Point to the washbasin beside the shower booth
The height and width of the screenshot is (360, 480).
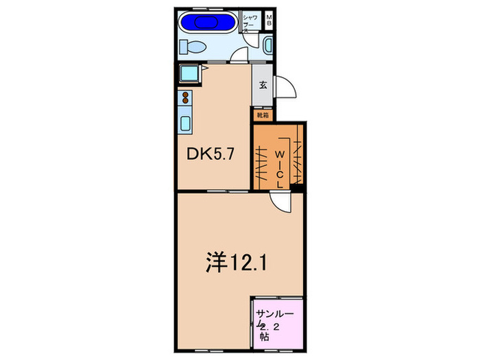pyautogui.click(x=267, y=47)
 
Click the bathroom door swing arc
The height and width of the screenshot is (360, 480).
pyautogui.click(x=240, y=54)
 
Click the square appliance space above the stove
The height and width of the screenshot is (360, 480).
pyautogui.click(x=189, y=73)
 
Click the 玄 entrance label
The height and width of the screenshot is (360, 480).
pyautogui.click(x=263, y=86)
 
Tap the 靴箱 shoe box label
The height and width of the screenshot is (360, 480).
pyautogui.click(x=263, y=116)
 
